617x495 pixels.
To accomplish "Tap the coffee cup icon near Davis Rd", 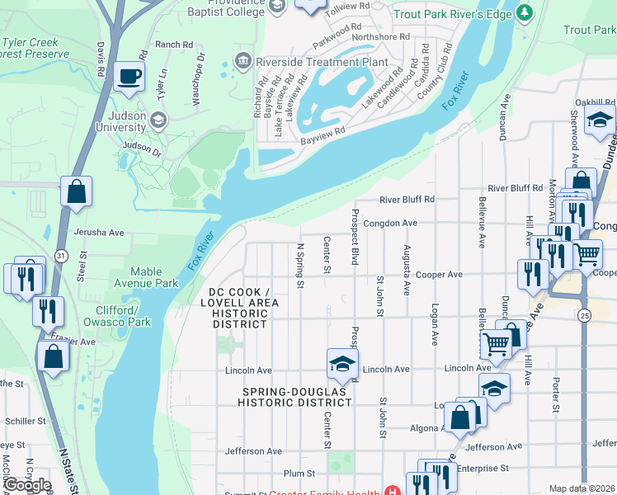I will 129,77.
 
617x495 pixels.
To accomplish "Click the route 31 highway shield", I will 60,257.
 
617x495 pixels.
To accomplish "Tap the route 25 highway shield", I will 583,316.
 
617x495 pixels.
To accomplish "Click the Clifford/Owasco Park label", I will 119,316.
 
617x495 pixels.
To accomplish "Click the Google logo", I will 27,485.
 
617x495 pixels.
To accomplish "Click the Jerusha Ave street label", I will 98,233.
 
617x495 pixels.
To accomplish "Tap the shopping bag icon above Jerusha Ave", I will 76,192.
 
